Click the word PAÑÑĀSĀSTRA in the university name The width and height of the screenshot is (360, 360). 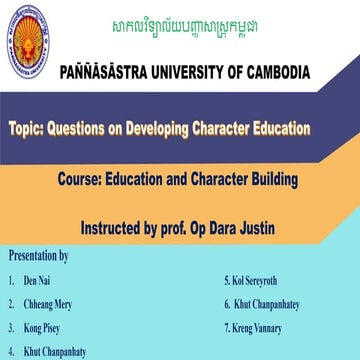(x=104, y=73)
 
